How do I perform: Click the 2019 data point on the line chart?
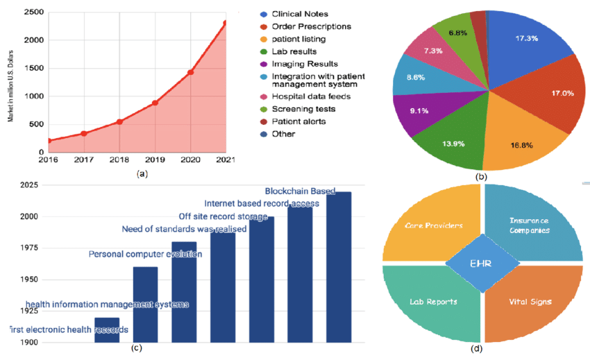point(155,103)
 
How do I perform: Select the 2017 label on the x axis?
point(83,160)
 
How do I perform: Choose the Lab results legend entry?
point(295,51)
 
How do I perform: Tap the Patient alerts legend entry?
point(298,121)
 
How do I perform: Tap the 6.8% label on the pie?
point(457,33)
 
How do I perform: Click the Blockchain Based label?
point(300,191)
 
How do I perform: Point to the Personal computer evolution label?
point(145,254)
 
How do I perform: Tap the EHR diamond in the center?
point(482,263)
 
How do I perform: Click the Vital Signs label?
point(527,302)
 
